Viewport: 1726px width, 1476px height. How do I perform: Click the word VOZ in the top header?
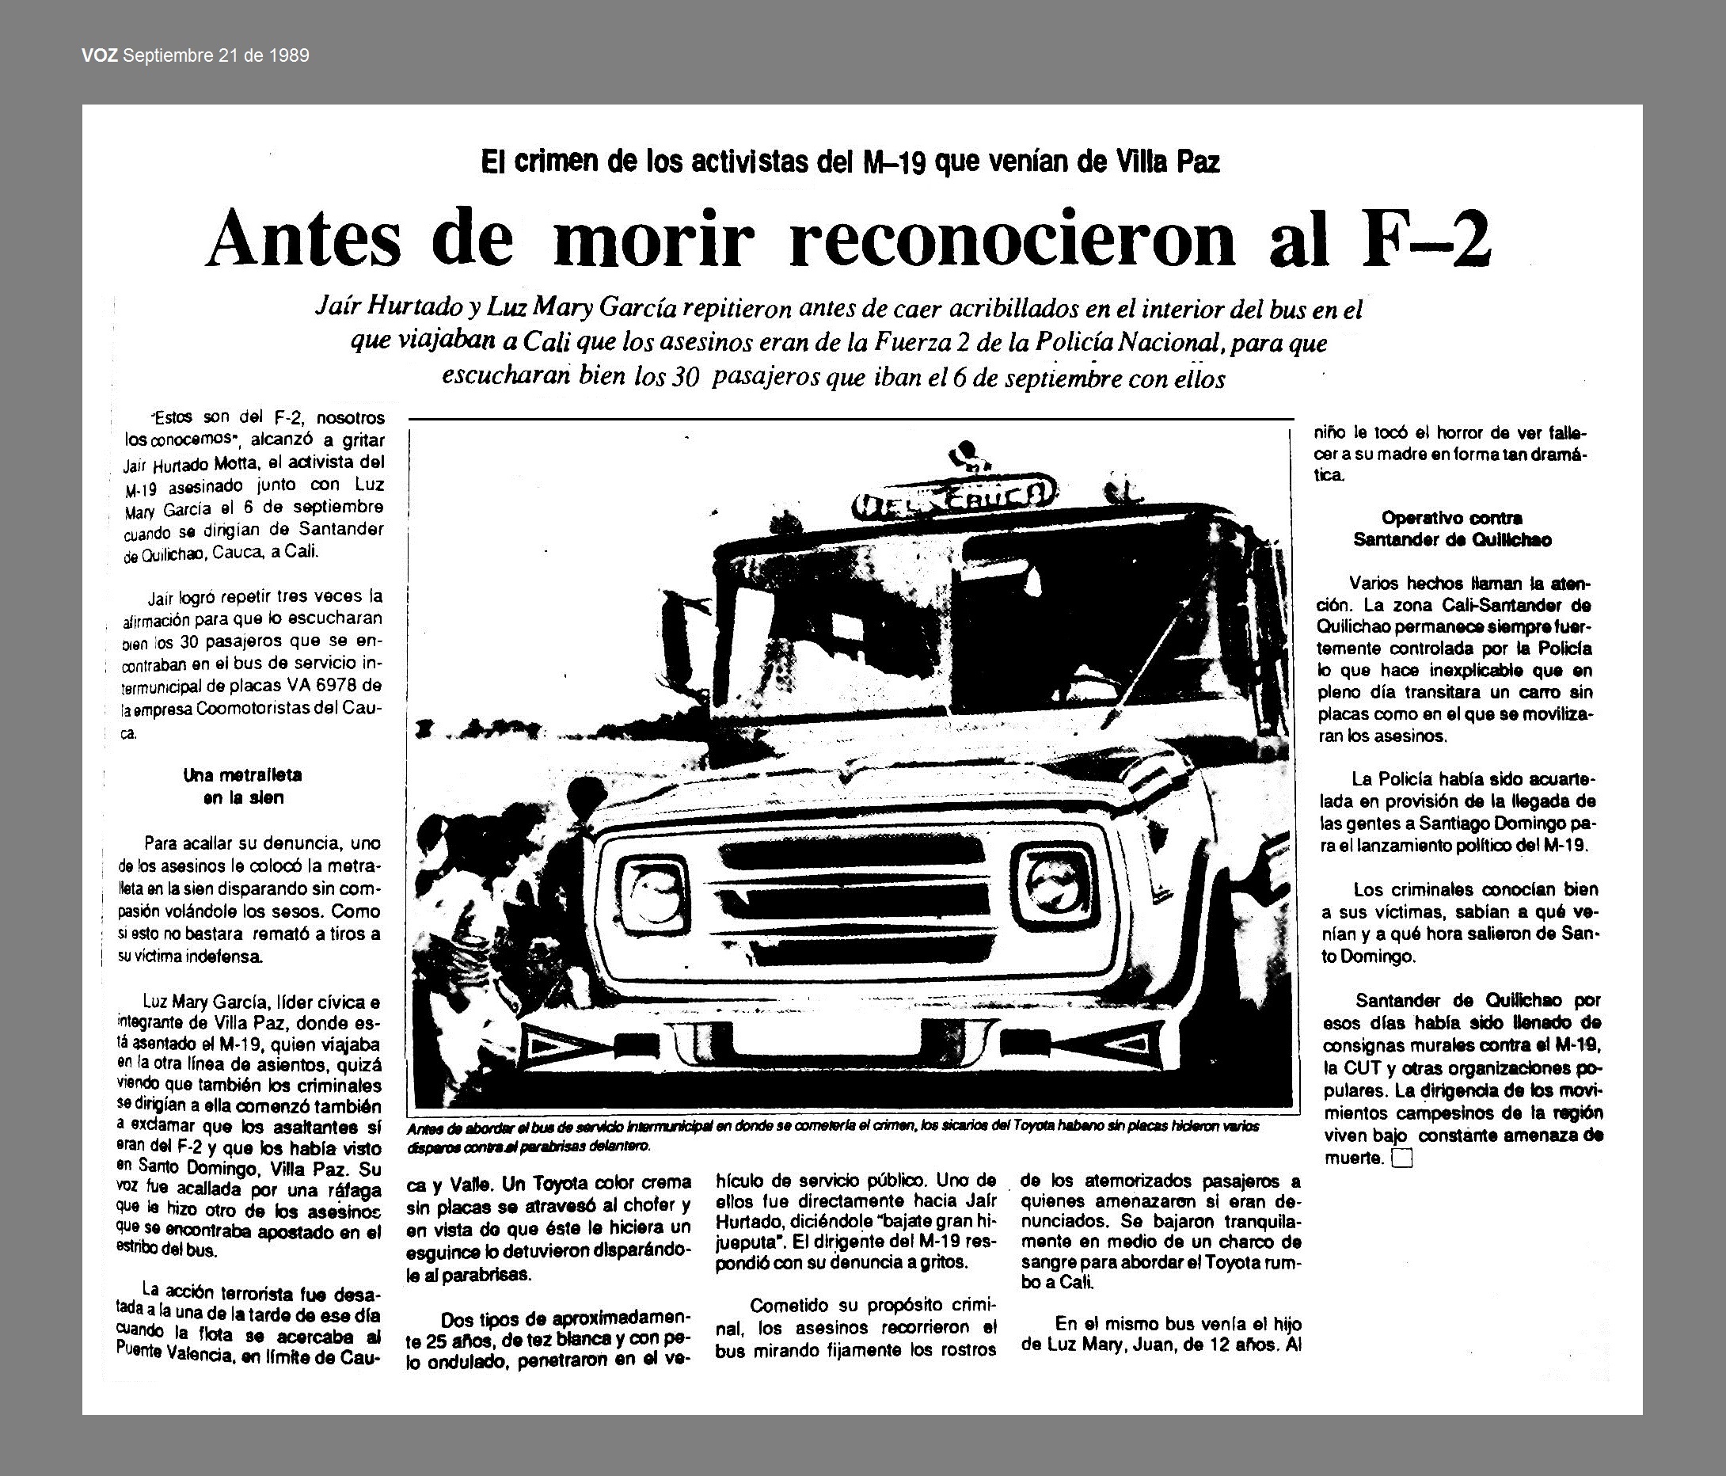100,55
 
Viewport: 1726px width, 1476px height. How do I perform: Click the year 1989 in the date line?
290,55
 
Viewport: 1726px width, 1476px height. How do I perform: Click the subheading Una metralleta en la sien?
242,786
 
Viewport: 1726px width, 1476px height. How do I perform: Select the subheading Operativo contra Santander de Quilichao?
1452,528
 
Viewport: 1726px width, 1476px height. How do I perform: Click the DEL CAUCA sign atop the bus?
953,500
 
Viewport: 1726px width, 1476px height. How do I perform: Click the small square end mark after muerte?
1402,1158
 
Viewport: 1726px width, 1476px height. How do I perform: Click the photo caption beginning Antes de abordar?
833,1136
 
